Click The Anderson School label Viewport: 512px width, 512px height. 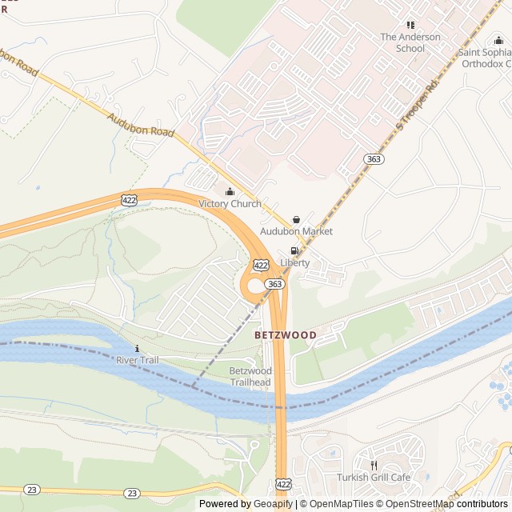[410, 42]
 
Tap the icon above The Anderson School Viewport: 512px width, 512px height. [410, 26]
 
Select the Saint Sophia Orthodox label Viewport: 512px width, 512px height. [485, 58]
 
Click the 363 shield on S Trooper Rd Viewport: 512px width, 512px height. [373, 159]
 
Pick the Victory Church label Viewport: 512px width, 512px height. [230, 204]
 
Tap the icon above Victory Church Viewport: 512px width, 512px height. [230, 191]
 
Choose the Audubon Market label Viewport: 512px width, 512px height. [296, 231]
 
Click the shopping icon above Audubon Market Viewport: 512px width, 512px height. [296, 219]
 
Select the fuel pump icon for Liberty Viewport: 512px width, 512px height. [294, 250]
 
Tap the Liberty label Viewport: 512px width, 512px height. [294, 262]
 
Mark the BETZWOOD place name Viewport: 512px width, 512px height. [286, 334]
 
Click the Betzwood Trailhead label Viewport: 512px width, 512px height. [250, 377]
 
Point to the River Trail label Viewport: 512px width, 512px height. [138, 361]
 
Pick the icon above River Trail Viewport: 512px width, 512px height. [138, 348]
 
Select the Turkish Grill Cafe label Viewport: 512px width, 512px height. [373, 478]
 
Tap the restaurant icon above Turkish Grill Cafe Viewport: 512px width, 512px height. [373, 465]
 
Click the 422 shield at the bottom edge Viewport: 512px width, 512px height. [282, 485]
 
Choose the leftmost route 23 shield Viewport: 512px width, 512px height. [31, 489]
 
